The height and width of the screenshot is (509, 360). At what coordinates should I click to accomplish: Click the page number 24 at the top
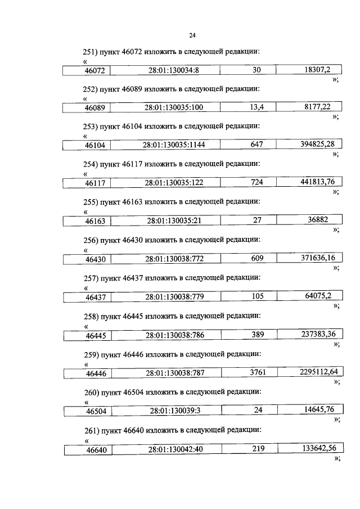[x=192, y=35]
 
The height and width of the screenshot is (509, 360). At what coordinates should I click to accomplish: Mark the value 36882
[x=314, y=220]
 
